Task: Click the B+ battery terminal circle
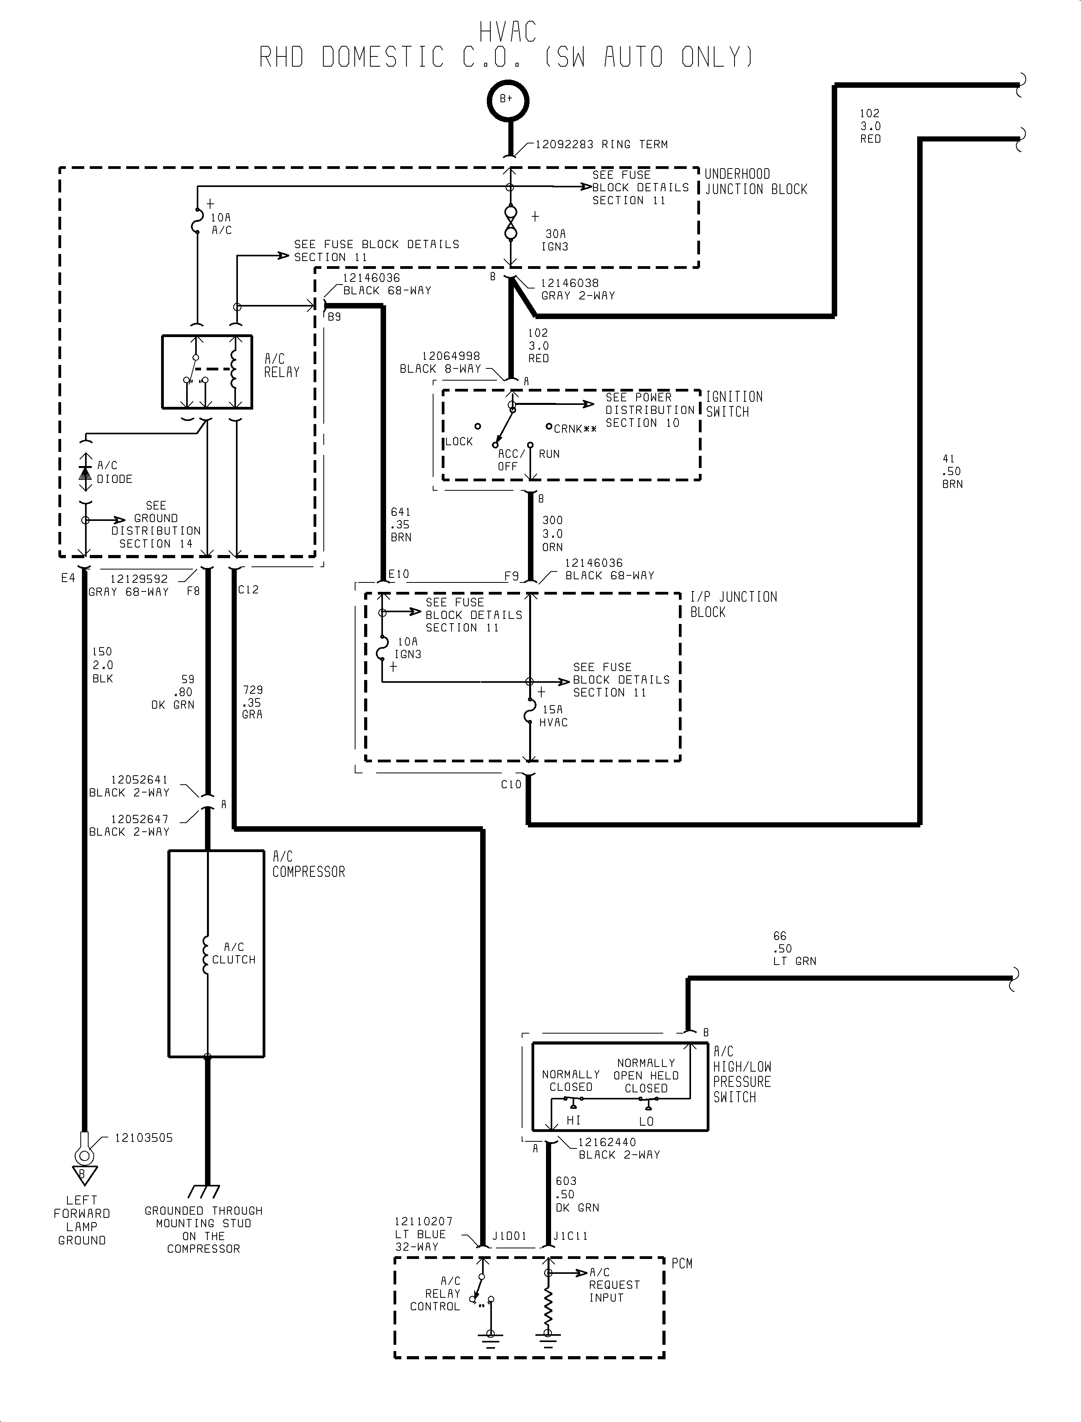(x=507, y=100)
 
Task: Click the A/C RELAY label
(x=282, y=365)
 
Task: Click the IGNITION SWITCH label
(x=734, y=404)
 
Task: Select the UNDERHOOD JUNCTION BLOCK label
(x=755, y=181)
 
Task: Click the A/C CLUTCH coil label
(x=234, y=953)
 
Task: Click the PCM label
(x=682, y=1263)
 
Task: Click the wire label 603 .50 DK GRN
(x=577, y=1194)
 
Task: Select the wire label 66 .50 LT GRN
(x=794, y=949)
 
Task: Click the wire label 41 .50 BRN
(x=952, y=471)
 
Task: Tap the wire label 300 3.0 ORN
(x=552, y=533)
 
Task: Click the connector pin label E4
(x=68, y=578)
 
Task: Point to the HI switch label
(x=573, y=1120)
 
